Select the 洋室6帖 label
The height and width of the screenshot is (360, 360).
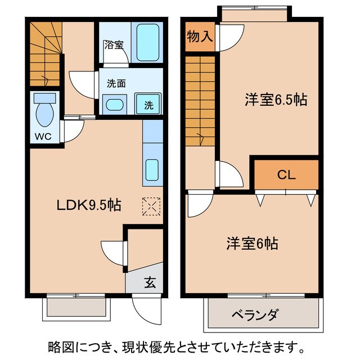coord(253,244)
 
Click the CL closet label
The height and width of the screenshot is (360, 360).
coord(286,175)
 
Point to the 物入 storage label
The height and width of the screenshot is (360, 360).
coord(200,37)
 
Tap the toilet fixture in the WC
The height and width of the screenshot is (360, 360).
coord(44,112)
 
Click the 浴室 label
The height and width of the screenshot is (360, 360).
coord(114,45)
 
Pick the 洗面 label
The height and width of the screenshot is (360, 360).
coord(116,83)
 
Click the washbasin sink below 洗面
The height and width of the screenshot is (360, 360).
coord(115,105)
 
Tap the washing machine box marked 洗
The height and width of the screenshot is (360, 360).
coord(148,104)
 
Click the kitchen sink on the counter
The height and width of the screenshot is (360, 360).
coord(152,169)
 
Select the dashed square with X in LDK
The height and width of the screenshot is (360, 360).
coord(152,206)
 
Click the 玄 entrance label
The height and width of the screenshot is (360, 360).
coord(151,283)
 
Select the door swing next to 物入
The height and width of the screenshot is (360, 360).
coord(229,38)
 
